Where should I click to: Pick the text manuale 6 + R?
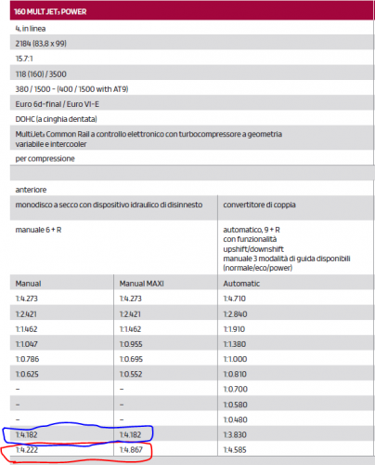click(42, 233)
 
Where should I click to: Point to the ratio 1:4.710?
click(239, 299)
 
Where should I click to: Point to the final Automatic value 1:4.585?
click(239, 451)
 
